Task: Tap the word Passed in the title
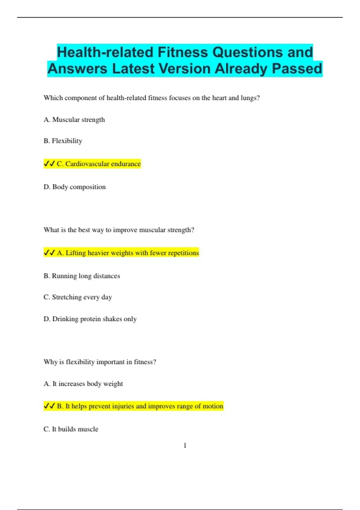(x=297, y=68)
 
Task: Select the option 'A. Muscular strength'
(x=74, y=120)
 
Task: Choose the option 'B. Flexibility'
(x=63, y=141)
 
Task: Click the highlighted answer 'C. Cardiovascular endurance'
(x=99, y=164)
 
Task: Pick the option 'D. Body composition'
(x=74, y=187)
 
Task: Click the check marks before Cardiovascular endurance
(x=49, y=164)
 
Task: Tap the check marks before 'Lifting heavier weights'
(x=49, y=253)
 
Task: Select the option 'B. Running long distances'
(x=82, y=276)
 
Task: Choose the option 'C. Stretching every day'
(x=78, y=297)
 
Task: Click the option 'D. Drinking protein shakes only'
(x=90, y=319)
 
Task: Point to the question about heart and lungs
(x=151, y=98)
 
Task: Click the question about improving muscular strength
(x=119, y=230)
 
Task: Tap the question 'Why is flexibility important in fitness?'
(x=100, y=362)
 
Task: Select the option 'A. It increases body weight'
(x=83, y=384)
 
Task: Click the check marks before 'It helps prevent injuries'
(x=49, y=406)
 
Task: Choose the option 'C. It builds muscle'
(x=71, y=429)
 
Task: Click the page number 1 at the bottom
(x=185, y=445)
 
